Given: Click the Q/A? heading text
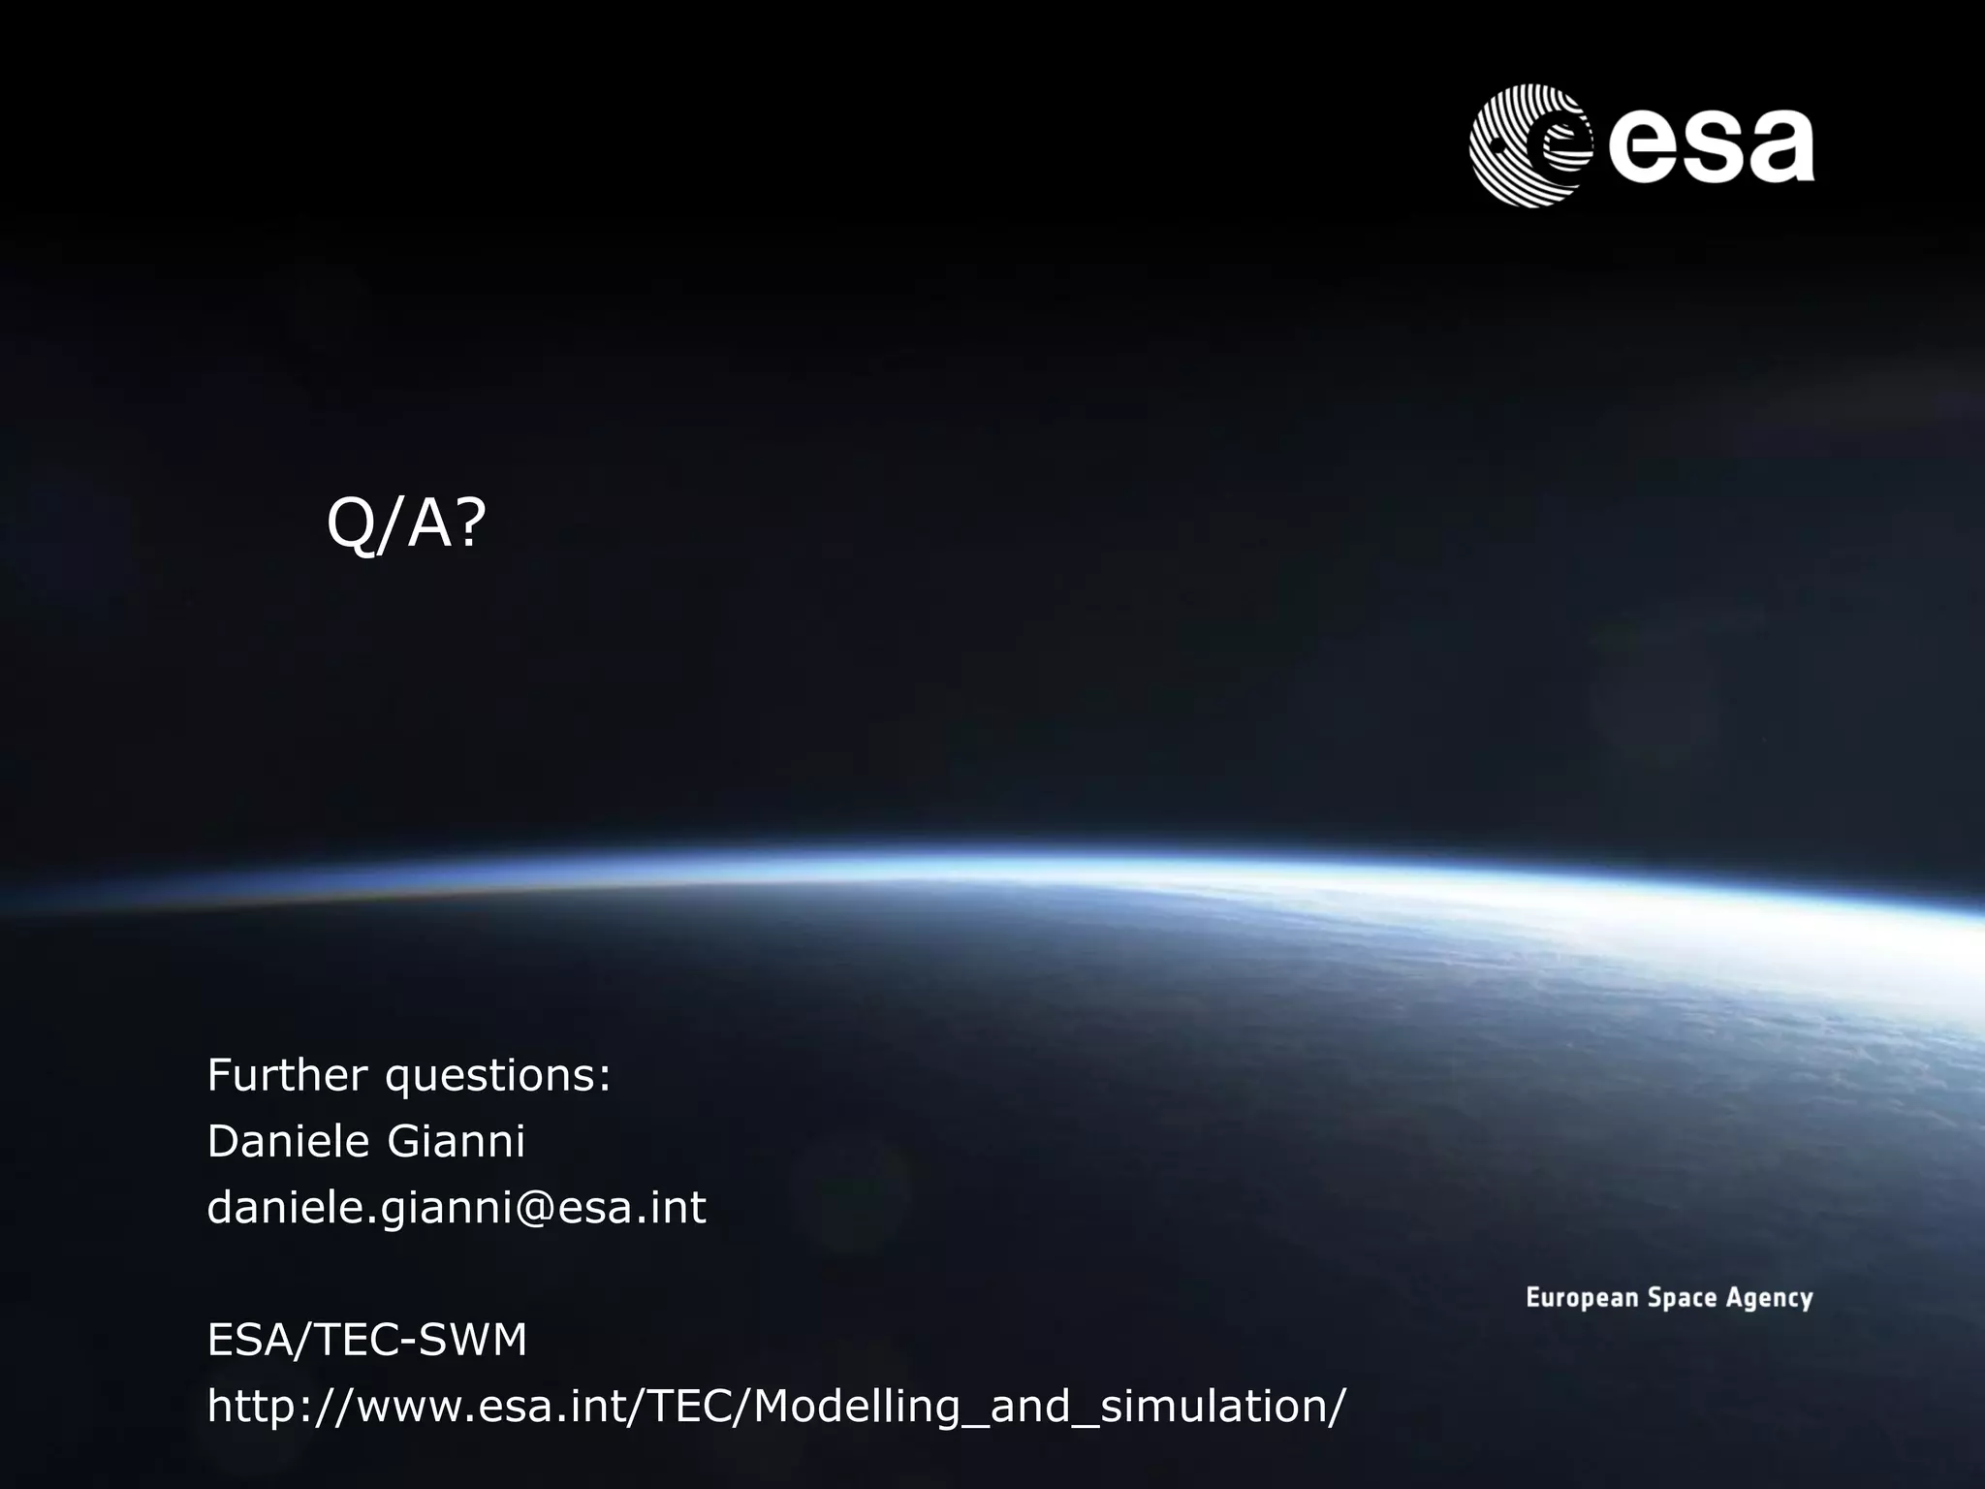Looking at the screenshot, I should tap(405, 524).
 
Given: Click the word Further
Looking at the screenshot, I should tap(288, 1075).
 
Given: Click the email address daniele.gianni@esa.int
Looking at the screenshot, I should tap(457, 1209).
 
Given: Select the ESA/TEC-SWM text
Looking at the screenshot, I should tap(367, 1341).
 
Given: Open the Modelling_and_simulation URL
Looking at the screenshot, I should tap(776, 1408).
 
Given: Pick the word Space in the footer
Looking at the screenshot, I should tap(1682, 1298).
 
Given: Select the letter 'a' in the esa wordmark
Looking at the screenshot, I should tap(1777, 147).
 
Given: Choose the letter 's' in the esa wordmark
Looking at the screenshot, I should tap(1707, 147).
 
